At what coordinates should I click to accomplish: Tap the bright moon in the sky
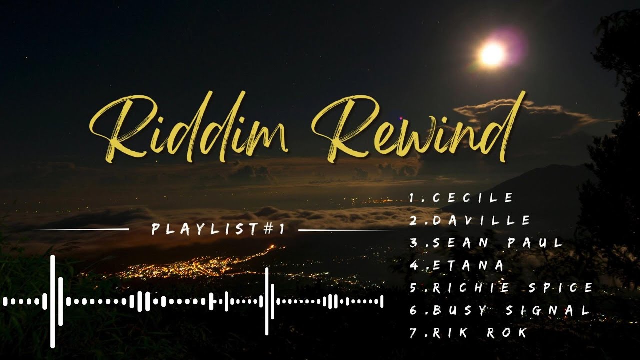pos(492,54)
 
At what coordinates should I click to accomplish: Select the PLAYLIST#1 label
pos(218,229)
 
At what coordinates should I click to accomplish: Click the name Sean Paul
pos(487,243)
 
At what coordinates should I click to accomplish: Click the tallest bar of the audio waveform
pos(52,301)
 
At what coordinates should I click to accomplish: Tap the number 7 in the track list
pos(413,333)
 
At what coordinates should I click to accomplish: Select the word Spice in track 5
pos(563,288)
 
